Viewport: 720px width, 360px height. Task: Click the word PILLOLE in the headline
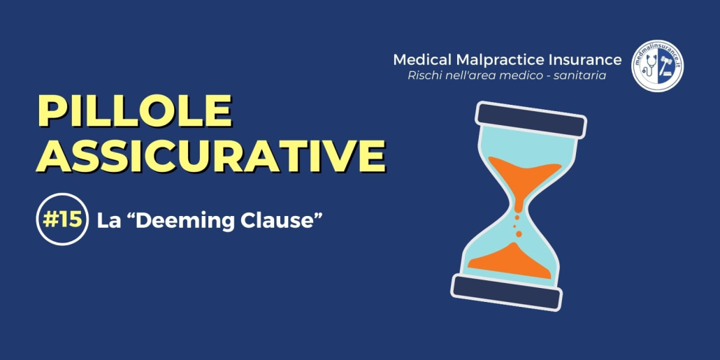point(134,112)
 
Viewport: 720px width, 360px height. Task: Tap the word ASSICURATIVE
point(211,155)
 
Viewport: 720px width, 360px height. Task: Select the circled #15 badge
point(62,219)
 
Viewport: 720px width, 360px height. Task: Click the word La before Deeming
point(106,221)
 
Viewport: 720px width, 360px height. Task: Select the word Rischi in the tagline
point(420,75)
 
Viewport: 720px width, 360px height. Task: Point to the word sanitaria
point(584,75)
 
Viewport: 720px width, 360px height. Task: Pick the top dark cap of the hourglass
point(531,120)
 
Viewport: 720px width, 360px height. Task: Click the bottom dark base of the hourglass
point(507,292)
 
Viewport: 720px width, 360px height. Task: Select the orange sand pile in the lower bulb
point(510,261)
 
